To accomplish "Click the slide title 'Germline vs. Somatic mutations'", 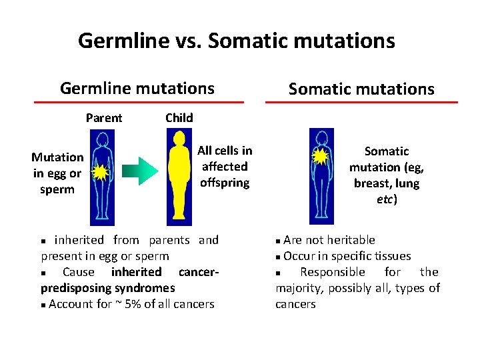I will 236,41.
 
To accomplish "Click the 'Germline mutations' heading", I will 137,88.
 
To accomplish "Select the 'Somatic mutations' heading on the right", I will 361,89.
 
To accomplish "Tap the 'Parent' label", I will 104,118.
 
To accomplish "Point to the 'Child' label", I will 179,118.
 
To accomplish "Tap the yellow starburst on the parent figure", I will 100,173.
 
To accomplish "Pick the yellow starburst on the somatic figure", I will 321,157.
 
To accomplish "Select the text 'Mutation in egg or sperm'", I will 58,173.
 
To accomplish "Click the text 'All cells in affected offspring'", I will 225,167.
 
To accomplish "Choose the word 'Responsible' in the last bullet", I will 331,272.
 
